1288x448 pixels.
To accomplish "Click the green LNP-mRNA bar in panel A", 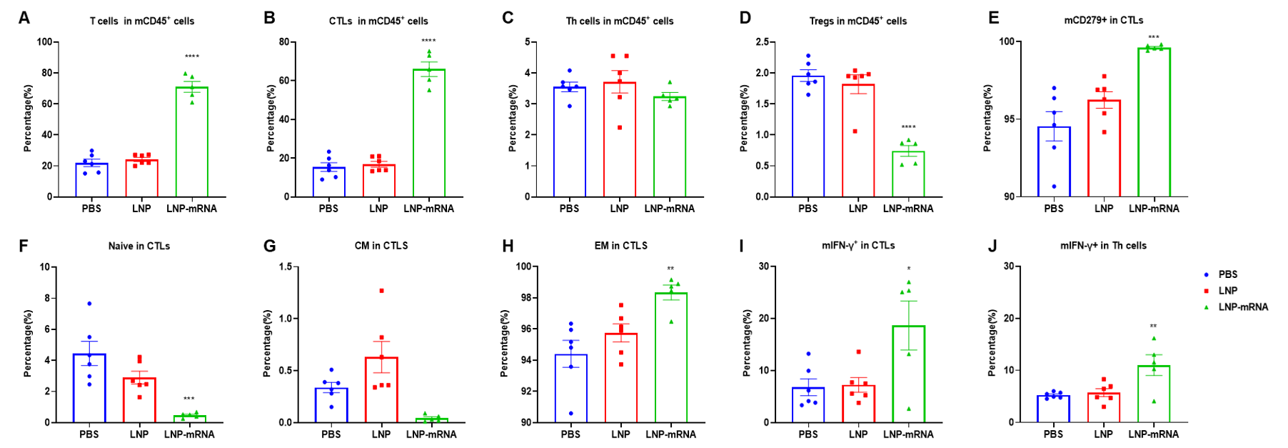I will click(x=191, y=143).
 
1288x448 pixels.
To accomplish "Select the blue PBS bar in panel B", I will click(x=328, y=182).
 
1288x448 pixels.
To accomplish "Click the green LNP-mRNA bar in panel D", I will click(x=908, y=174).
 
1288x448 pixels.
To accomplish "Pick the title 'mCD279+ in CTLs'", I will click(x=1103, y=20).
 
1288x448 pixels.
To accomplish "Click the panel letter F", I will click(x=24, y=246).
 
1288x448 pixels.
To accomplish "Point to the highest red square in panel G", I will click(x=381, y=291).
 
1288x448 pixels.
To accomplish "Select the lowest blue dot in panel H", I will click(x=570, y=413).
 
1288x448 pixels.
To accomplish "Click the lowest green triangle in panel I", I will click(x=908, y=409).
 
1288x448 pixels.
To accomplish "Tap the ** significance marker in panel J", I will click(x=1153, y=327).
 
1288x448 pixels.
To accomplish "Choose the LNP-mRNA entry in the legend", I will click(x=1242, y=307).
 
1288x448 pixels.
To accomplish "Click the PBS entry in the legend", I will click(x=1227, y=274).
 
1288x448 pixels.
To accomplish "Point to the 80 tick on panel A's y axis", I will click(x=47, y=73).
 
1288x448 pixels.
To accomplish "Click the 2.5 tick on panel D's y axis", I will click(x=762, y=42).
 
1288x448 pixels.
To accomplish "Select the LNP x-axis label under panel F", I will click(x=139, y=434).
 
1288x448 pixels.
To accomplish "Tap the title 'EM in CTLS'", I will click(x=620, y=246).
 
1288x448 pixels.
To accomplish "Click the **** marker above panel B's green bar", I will click(x=428, y=41).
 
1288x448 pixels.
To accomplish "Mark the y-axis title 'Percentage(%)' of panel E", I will click(x=987, y=118).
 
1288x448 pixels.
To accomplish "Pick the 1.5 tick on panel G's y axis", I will click(x=285, y=267).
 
